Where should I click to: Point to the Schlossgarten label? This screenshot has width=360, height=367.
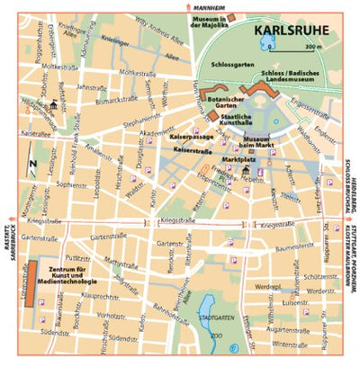(x=231, y=66)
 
